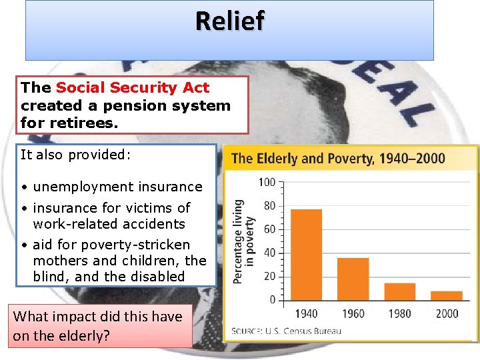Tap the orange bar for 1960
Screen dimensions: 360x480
click(x=353, y=279)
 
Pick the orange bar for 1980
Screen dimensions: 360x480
click(x=399, y=291)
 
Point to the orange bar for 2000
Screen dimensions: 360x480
click(x=446, y=295)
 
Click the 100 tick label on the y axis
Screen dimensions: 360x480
click(x=267, y=182)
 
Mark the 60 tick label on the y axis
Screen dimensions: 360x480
click(x=269, y=229)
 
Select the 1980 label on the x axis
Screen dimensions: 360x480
click(x=399, y=313)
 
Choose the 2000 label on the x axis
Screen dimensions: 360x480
click(x=446, y=313)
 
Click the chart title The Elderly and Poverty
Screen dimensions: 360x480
click(x=338, y=159)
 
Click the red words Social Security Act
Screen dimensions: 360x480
click(x=132, y=87)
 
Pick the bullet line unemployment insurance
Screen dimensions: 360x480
click(x=117, y=187)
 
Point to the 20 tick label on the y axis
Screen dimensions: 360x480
click(x=269, y=277)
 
